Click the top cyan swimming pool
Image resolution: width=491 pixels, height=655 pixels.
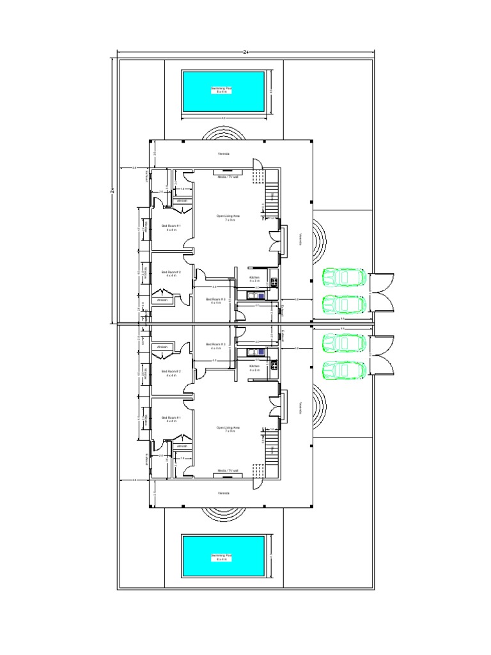pyautogui.click(x=224, y=91)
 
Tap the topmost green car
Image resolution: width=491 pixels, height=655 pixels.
pyautogui.click(x=344, y=278)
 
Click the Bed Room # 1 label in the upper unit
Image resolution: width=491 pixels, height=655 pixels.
pyautogui.click(x=171, y=228)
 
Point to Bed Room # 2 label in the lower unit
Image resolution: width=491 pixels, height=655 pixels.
pyautogui.click(x=171, y=372)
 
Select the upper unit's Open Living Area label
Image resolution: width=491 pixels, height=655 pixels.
pyautogui.click(x=228, y=218)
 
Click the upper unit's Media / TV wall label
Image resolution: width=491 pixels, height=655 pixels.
pyautogui.click(x=228, y=177)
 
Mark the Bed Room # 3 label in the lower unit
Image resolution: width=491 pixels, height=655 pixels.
pyautogui.click(x=215, y=346)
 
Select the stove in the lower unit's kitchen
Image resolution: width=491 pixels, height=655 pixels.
pyautogui.click(x=274, y=367)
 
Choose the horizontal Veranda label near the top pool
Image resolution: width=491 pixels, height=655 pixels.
pyautogui.click(x=224, y=154)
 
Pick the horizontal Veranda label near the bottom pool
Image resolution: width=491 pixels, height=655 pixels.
pyautogui.click(x=224, y=493)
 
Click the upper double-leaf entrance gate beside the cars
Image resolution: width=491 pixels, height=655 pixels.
pyautogui.click(x=384, y=292)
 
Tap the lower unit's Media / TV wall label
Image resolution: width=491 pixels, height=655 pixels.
pyautogui.click(x=228, y=470)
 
